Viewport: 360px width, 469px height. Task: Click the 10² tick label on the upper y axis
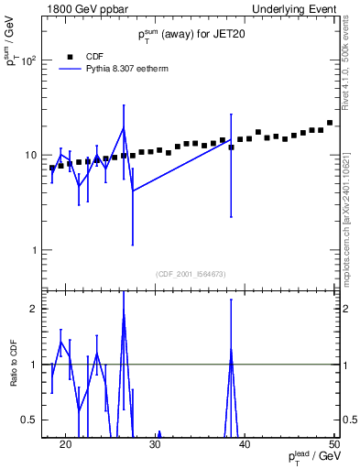pos(28,60)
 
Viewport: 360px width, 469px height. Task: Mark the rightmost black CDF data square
pos(330,123)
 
